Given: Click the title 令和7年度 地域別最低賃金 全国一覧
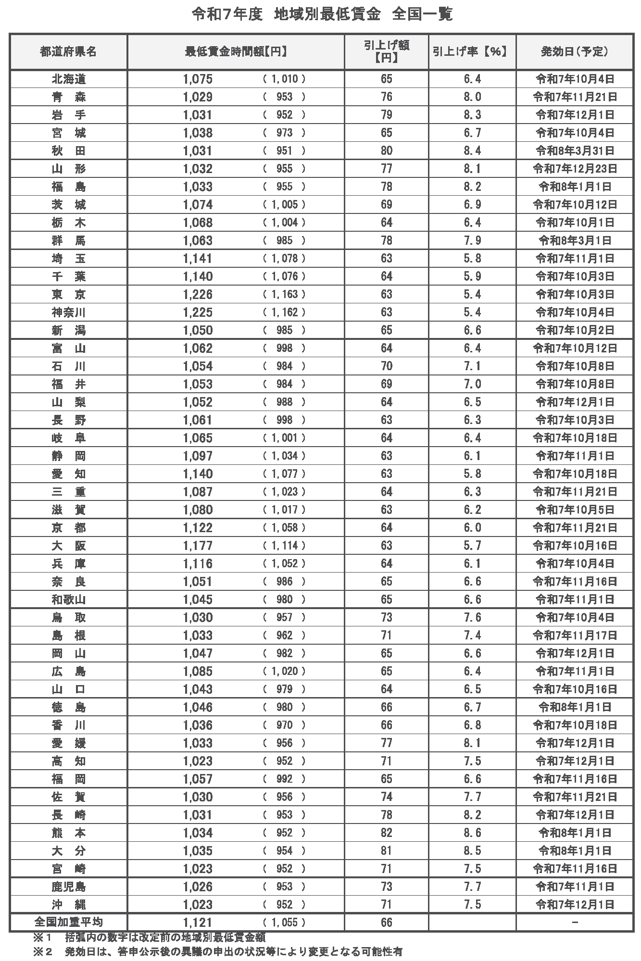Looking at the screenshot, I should pyautogui.click(x=322, y=15).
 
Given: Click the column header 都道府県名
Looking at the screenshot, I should pyautogui.click(x=68, y=51).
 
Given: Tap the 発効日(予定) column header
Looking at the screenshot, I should pyautogui.click(x=575, y=51).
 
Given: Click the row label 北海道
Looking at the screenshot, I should pyautogui.click(x=68, y=79).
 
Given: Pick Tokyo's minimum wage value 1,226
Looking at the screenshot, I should pyautogui.click(x=198, y=294).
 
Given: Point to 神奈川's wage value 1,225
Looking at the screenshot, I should pyautogui.click(x=198, y=312).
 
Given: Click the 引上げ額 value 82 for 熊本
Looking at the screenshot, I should pyautogui.click(x=386, y=833).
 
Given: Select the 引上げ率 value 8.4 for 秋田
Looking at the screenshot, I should pyautogui.click(x=472, y=151).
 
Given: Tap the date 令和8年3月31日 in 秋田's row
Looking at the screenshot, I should pyautogui.click(x=575, y=151).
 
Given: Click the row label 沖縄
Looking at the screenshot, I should pyautogui.click(x=68, y=905).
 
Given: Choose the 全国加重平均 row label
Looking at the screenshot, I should pyautogui.click(x=68, y=922).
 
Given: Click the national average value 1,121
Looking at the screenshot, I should pyautogui.click(x=198, y=923).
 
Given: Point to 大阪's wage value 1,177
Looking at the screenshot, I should pyautogui.click(x=198, y=546).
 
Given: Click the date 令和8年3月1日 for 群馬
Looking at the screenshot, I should pyautogui.click(x=575, y=240).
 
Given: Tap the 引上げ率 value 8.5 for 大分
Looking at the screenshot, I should pyautogui.click(x=472, y=851).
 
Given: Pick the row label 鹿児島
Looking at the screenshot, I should pyautogui.click(x=68, y=886).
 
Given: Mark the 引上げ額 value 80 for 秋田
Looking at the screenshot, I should pyautogui.click(x=386, y=151).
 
